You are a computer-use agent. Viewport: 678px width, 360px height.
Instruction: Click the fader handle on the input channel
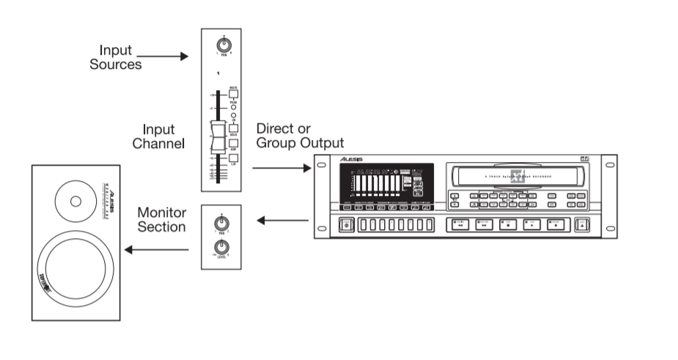(x=216, y=137)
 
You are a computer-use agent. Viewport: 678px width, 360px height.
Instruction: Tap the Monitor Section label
(x=162, y=219)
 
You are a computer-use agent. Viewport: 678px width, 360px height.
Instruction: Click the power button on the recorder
(x=346, y=224)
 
